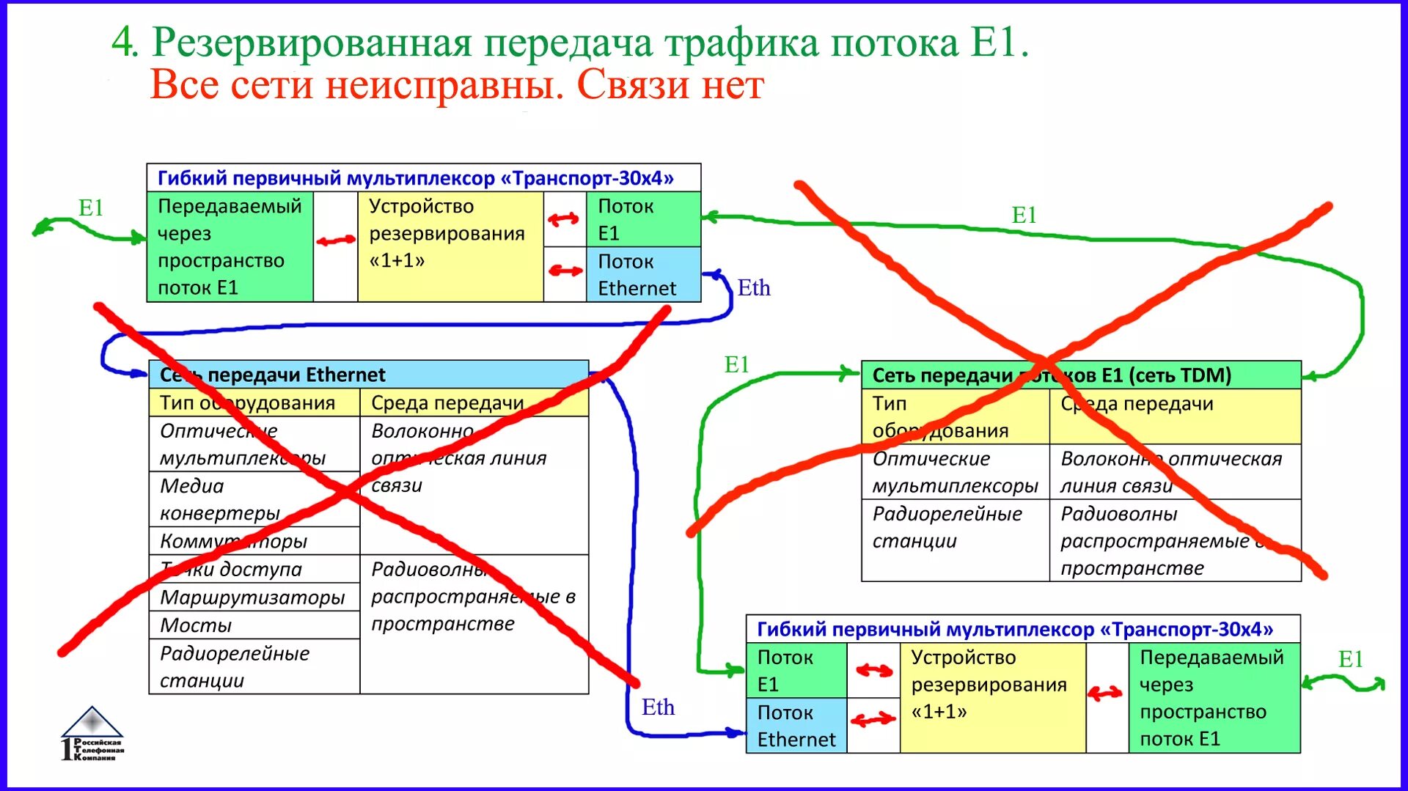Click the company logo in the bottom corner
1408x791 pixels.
(92, 733)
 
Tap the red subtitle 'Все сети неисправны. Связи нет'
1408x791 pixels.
(457, 85)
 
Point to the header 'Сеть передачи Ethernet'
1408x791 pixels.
(272, 375)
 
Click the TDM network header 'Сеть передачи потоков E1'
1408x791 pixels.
(1051, 375)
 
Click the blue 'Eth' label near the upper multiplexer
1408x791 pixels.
(754, 288)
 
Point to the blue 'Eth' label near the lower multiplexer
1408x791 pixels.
(658, 707)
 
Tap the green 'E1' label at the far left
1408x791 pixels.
(91, 208)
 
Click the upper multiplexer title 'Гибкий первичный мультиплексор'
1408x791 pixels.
(415, 178)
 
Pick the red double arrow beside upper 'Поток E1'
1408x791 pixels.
(563, 218)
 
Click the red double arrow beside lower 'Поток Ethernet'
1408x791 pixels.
(873, 720)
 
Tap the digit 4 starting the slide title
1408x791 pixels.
(124, 43)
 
